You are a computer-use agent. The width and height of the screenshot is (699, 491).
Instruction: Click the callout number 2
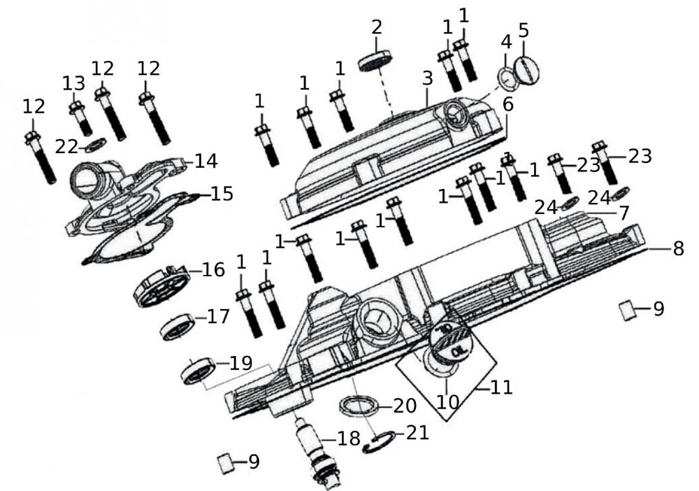point(377,28)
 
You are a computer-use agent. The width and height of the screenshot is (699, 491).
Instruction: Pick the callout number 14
point(206,161)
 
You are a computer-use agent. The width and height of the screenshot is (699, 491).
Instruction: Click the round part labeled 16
point(161,285)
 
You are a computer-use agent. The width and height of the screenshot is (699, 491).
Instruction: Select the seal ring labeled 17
point(178,327)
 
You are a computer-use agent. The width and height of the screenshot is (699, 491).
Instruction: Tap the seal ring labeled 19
point(198,369)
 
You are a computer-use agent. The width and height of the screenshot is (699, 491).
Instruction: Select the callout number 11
point(501,387)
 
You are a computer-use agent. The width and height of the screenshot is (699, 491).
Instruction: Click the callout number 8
point(677,248)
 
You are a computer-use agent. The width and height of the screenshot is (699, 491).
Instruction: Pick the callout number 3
point(428,79)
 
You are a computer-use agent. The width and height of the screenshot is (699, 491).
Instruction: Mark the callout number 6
point(507,104)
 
